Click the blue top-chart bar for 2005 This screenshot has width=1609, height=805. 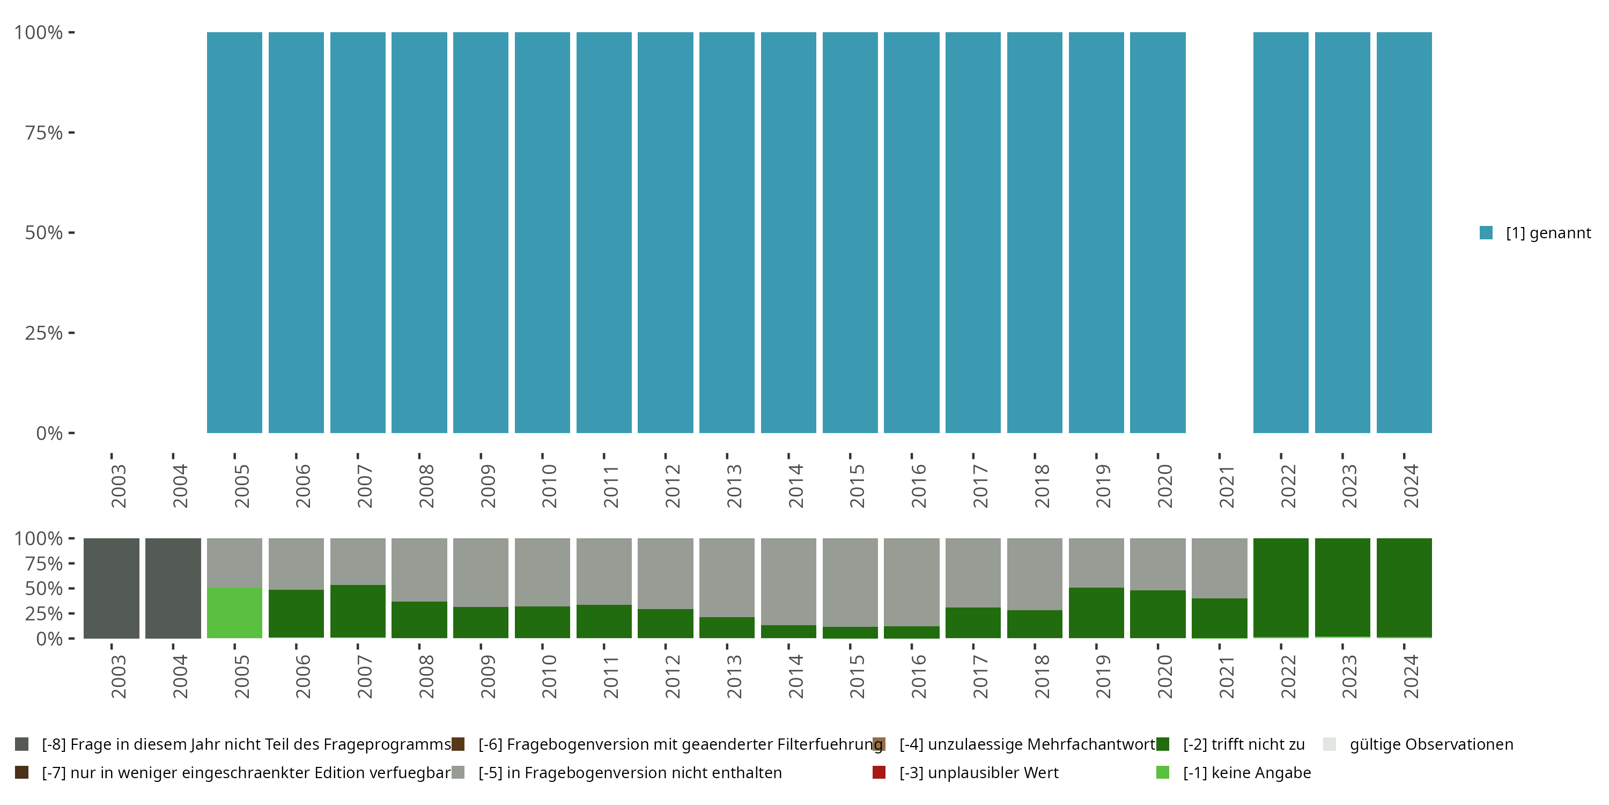(234, 232)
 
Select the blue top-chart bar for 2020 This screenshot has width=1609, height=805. (1157, 232)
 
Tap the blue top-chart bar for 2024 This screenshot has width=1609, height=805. (1404, 232)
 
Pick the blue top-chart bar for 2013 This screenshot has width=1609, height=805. (726, 232)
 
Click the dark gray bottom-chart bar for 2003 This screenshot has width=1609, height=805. (111, 588)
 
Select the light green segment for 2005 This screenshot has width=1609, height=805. (234, 612)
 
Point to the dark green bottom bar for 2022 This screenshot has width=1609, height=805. (1280, 588)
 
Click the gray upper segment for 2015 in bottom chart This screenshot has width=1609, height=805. (850, 582)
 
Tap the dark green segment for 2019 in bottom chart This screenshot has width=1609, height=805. (1096, 612)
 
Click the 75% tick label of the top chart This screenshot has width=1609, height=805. (44, 133)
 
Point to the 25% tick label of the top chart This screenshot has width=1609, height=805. (44, 333)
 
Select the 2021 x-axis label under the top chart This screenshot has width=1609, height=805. (1226, 486)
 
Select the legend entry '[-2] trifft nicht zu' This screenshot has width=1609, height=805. (1243, 744)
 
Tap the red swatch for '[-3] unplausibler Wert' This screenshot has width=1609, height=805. (879, 772)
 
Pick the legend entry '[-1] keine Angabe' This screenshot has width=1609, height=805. (1246, 772)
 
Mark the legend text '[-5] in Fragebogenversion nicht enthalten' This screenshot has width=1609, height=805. (630, 772)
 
